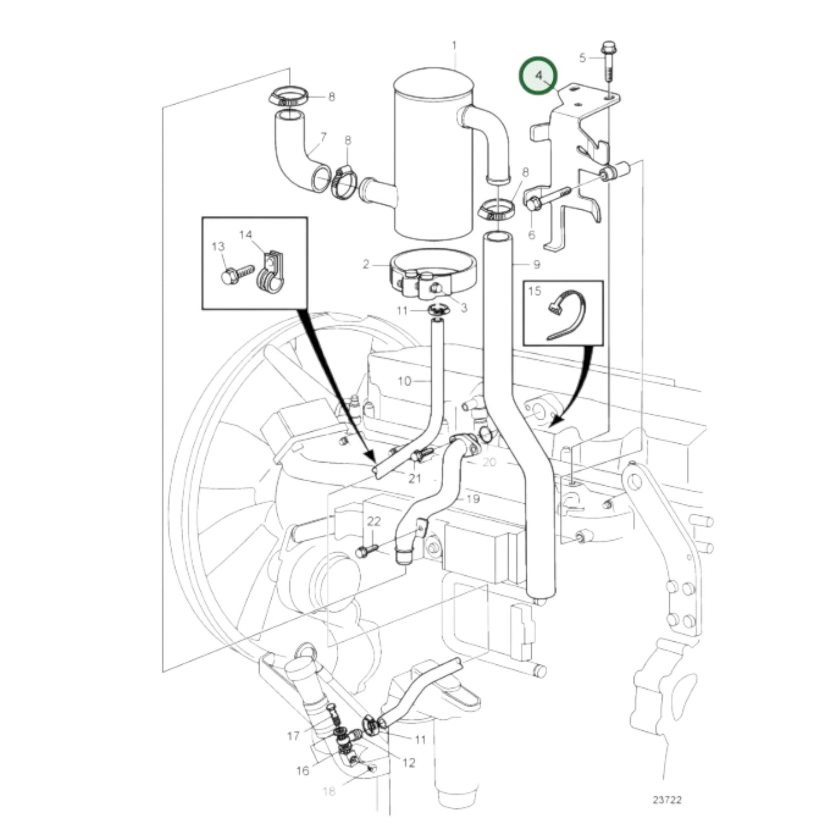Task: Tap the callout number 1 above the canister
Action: [x=454, y=45]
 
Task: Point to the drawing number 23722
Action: [x=667, y=800]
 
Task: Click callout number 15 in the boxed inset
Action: [x=534, y=291]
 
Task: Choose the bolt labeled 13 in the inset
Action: [x=237, y=272]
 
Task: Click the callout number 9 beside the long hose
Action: [x=537, y=264]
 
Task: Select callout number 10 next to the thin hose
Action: [x=404, y=381]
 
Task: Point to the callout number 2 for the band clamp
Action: [x=366, y=265]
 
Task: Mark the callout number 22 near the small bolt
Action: [x=374, y=522]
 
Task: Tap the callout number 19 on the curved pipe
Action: [x=472, y=499]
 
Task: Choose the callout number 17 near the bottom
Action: [x=293, y=736]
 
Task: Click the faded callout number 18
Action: [x=329, y=792]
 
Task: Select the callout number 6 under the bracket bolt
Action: [x=531, y=234]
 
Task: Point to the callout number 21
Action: [x=415, y=478]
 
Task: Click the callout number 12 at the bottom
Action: [x=409, y=763]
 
